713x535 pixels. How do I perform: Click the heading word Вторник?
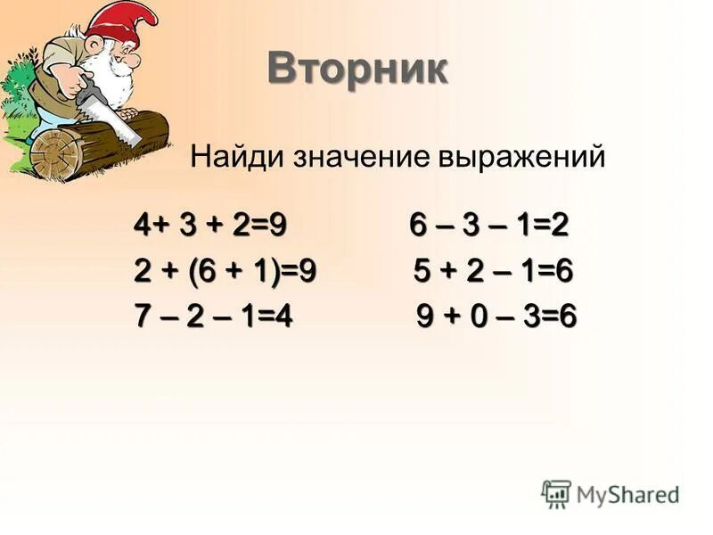pyautogui.click(x=357, y=69)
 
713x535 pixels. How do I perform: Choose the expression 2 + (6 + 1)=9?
pyautogui.click(x=225, y=271)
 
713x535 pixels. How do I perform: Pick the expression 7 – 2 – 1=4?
pyautogui.click(x=213, y=316)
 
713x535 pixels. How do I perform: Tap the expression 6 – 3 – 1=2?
pyautogui.click(x=488, y=226)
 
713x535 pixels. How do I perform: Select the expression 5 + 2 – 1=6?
pyautogui.click(x=493, y=271)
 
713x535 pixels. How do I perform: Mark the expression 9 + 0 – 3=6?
pyautogui.click(x=496, y=316)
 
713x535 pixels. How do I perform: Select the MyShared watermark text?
pyautogui.click(x=627, y=493)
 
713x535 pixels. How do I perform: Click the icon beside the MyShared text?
pyautogui.click(x=556, y=492)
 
